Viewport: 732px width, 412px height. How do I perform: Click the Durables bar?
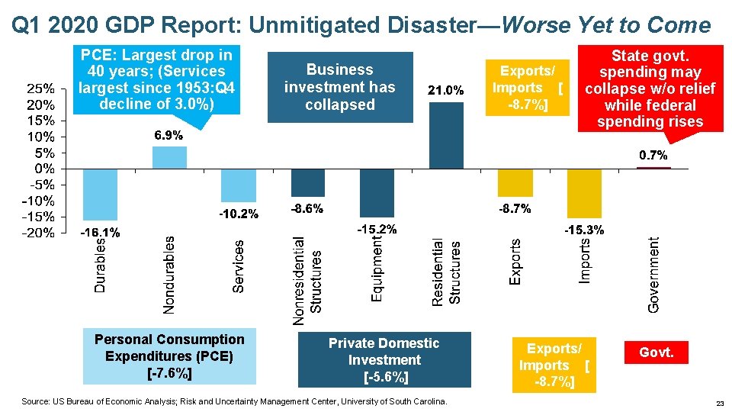(100, 194)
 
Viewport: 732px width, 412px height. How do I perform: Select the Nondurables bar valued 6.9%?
(169, 157)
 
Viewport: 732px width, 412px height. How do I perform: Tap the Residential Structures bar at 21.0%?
(446, 135)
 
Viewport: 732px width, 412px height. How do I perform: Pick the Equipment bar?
(377, 192)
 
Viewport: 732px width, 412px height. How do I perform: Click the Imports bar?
(584, 193)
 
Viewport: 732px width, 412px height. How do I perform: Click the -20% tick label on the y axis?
(37, 233)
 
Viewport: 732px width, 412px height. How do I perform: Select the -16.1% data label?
(100, 232)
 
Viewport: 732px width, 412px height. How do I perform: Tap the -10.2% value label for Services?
(239, 214)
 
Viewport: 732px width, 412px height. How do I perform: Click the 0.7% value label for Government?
(653, 156)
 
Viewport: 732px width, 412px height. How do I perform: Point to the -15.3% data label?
(584, 230)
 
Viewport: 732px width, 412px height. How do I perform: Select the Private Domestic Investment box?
(384, 360)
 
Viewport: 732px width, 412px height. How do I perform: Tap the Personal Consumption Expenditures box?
(169, 356)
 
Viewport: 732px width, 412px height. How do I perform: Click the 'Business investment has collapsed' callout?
(339, 87)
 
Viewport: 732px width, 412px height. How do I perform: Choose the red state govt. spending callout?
(650, 88)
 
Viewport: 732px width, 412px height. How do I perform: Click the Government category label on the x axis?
(654, 273)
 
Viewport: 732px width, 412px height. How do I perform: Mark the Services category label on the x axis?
(239, 266)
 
